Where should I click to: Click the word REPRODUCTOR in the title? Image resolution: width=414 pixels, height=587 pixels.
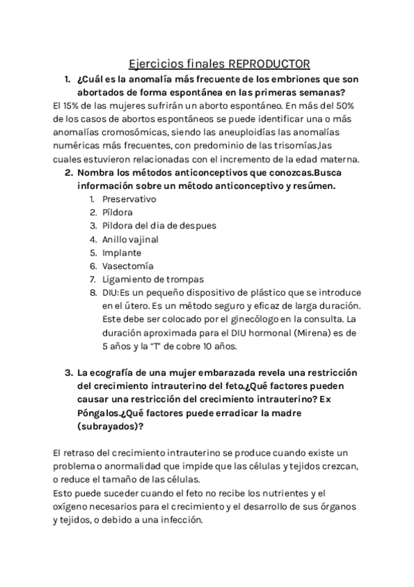267,64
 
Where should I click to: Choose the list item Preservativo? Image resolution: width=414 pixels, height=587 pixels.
129,199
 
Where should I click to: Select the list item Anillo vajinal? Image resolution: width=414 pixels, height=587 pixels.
130,239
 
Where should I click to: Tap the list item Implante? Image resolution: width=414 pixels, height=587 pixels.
122,252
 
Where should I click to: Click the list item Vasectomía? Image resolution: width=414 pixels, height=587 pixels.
128,265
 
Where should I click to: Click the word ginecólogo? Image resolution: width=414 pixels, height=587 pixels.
253,318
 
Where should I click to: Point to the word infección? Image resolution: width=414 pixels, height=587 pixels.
178,521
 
